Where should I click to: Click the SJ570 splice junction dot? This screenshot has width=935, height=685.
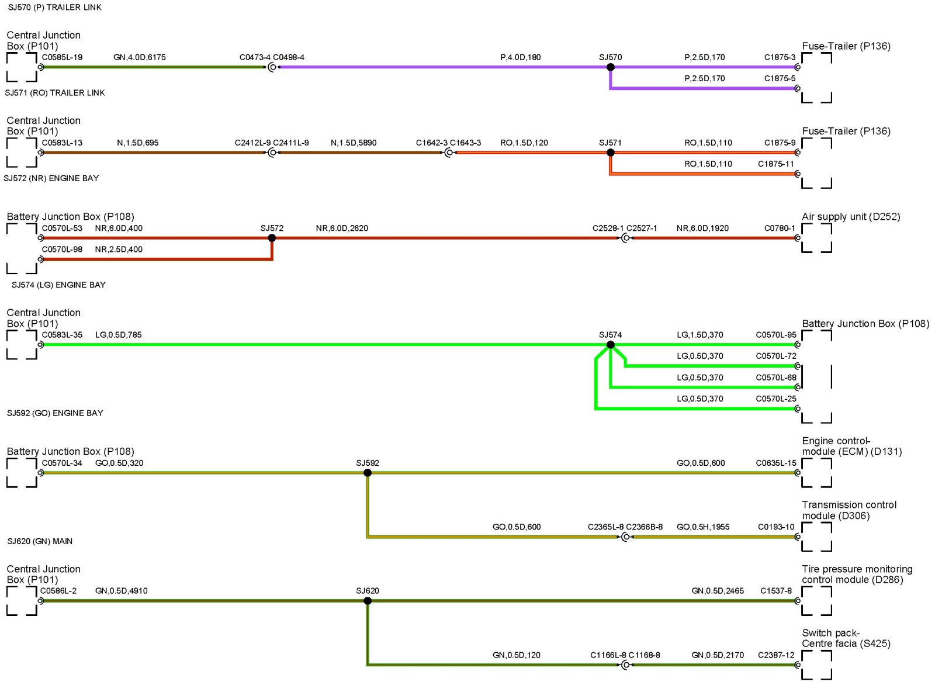tap(610, 67)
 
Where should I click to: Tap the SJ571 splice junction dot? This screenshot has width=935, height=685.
tap(610, 153)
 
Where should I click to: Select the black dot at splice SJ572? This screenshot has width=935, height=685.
tap(272, 238)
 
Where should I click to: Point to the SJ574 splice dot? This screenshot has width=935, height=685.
tap(610, 345)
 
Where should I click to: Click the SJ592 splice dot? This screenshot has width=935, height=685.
tap(368, 473)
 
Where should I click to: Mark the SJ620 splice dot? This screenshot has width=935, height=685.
tap(368, 601)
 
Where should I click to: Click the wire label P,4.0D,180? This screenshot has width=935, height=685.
tap(520, 57)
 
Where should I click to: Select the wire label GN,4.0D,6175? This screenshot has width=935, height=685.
tap(139, 57)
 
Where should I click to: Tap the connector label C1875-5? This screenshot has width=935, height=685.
tap(780, 78)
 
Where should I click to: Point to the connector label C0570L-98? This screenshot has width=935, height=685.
tap(62, 250)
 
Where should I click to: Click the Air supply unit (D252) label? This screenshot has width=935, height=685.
tap(850, 217)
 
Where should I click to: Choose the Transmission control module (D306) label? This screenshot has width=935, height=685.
tap(849, 510)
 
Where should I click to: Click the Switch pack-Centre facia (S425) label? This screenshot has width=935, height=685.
tap(846, 638)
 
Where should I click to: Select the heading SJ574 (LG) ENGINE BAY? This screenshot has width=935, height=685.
tap(58, 285)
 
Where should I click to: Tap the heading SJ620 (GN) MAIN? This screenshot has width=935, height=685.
tap(40, 541)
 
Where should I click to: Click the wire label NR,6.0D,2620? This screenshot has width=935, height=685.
tap(342, 228)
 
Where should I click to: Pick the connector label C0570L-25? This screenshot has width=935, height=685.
tap(775, 399)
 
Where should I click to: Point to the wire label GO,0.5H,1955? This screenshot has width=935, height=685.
tap(703, 527)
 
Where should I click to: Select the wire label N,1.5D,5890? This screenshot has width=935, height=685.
tap(354, 143)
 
